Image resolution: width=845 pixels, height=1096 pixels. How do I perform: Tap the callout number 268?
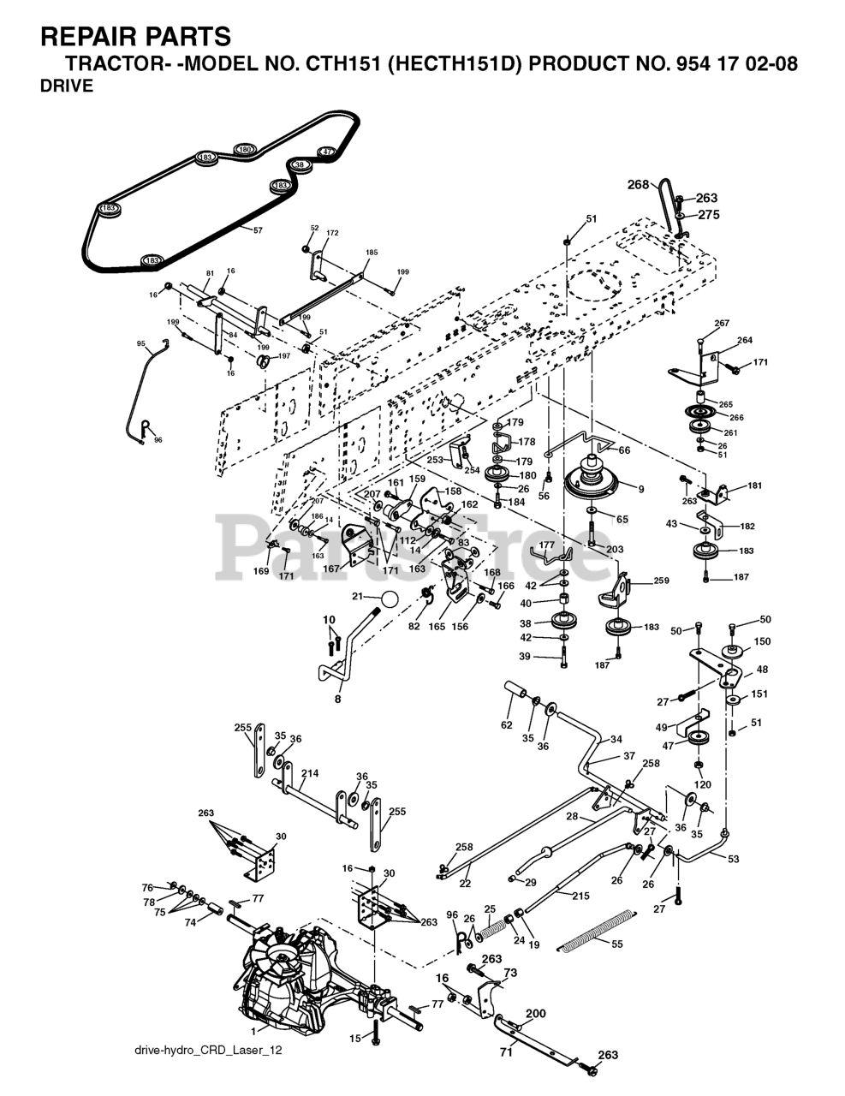(638, 183)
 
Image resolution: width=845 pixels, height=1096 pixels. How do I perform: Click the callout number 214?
(309, 773)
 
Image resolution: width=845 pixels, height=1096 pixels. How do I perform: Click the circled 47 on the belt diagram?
(326, 152)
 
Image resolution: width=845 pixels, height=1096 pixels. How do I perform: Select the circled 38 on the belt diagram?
(299, 164)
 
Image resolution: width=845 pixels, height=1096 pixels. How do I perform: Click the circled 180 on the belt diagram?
(245, 150)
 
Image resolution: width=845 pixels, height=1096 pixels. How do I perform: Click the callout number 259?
(661, 581)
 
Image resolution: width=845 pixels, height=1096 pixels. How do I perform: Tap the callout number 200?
(535, 1014)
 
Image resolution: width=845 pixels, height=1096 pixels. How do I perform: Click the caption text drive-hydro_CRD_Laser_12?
(208, 1051)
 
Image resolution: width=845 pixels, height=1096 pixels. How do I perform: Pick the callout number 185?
(372, 253)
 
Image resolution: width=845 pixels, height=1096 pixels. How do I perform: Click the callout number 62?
(507, 724)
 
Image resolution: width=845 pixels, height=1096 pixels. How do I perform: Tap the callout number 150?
(761, 641)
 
